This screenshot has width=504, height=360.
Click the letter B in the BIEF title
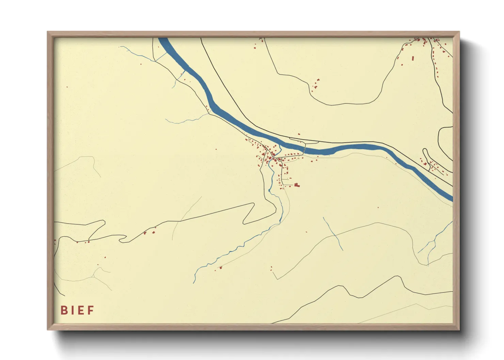click(63, 310)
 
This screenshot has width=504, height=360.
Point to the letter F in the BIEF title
click(91, 310)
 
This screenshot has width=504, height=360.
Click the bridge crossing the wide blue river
click(304, 148)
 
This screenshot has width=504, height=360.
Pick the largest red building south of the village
click(297, 185)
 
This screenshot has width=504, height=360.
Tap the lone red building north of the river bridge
click(299, 134)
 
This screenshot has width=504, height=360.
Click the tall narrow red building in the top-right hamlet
click(413, 59)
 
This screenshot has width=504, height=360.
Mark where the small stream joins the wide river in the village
click(280, 145)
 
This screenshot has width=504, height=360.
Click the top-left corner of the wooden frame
click(48, 32)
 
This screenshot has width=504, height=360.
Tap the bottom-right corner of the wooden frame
click(459, 329)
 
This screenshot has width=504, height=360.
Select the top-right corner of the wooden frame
click(459, 32)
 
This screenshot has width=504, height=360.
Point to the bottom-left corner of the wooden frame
click(48, 329)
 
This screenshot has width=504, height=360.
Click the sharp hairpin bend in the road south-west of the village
click(253, 204)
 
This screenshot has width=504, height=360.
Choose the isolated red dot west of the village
click(216, 149)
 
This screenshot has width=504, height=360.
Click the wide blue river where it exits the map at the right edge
click(450, 198)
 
